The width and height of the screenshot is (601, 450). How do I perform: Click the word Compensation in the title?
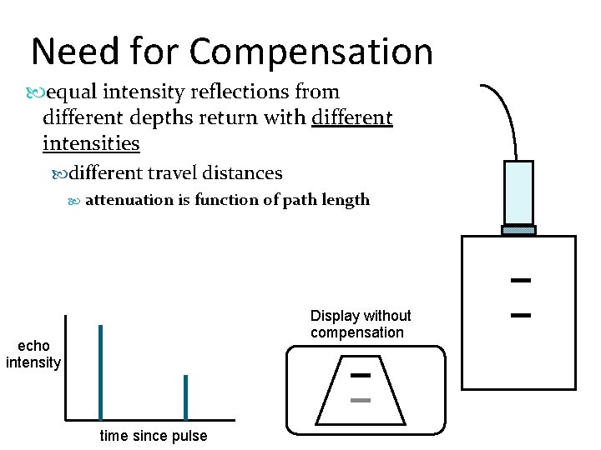point(311,52)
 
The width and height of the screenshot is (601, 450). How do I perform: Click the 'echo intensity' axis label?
point(33,354)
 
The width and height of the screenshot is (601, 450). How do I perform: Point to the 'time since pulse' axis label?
point(154,436)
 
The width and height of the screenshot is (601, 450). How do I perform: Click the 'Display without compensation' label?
point(361,324)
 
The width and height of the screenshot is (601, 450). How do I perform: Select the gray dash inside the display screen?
point(361,401)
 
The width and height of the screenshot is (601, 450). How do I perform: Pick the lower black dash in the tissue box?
point(522,316)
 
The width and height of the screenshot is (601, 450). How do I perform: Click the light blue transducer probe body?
point(519,192)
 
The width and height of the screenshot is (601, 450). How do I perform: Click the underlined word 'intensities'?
point(91,143)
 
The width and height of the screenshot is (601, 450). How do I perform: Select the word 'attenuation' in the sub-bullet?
point(129,200)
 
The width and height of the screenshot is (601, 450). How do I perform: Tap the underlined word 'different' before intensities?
point(351,117)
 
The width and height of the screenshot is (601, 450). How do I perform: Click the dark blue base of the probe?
point(519,230)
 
